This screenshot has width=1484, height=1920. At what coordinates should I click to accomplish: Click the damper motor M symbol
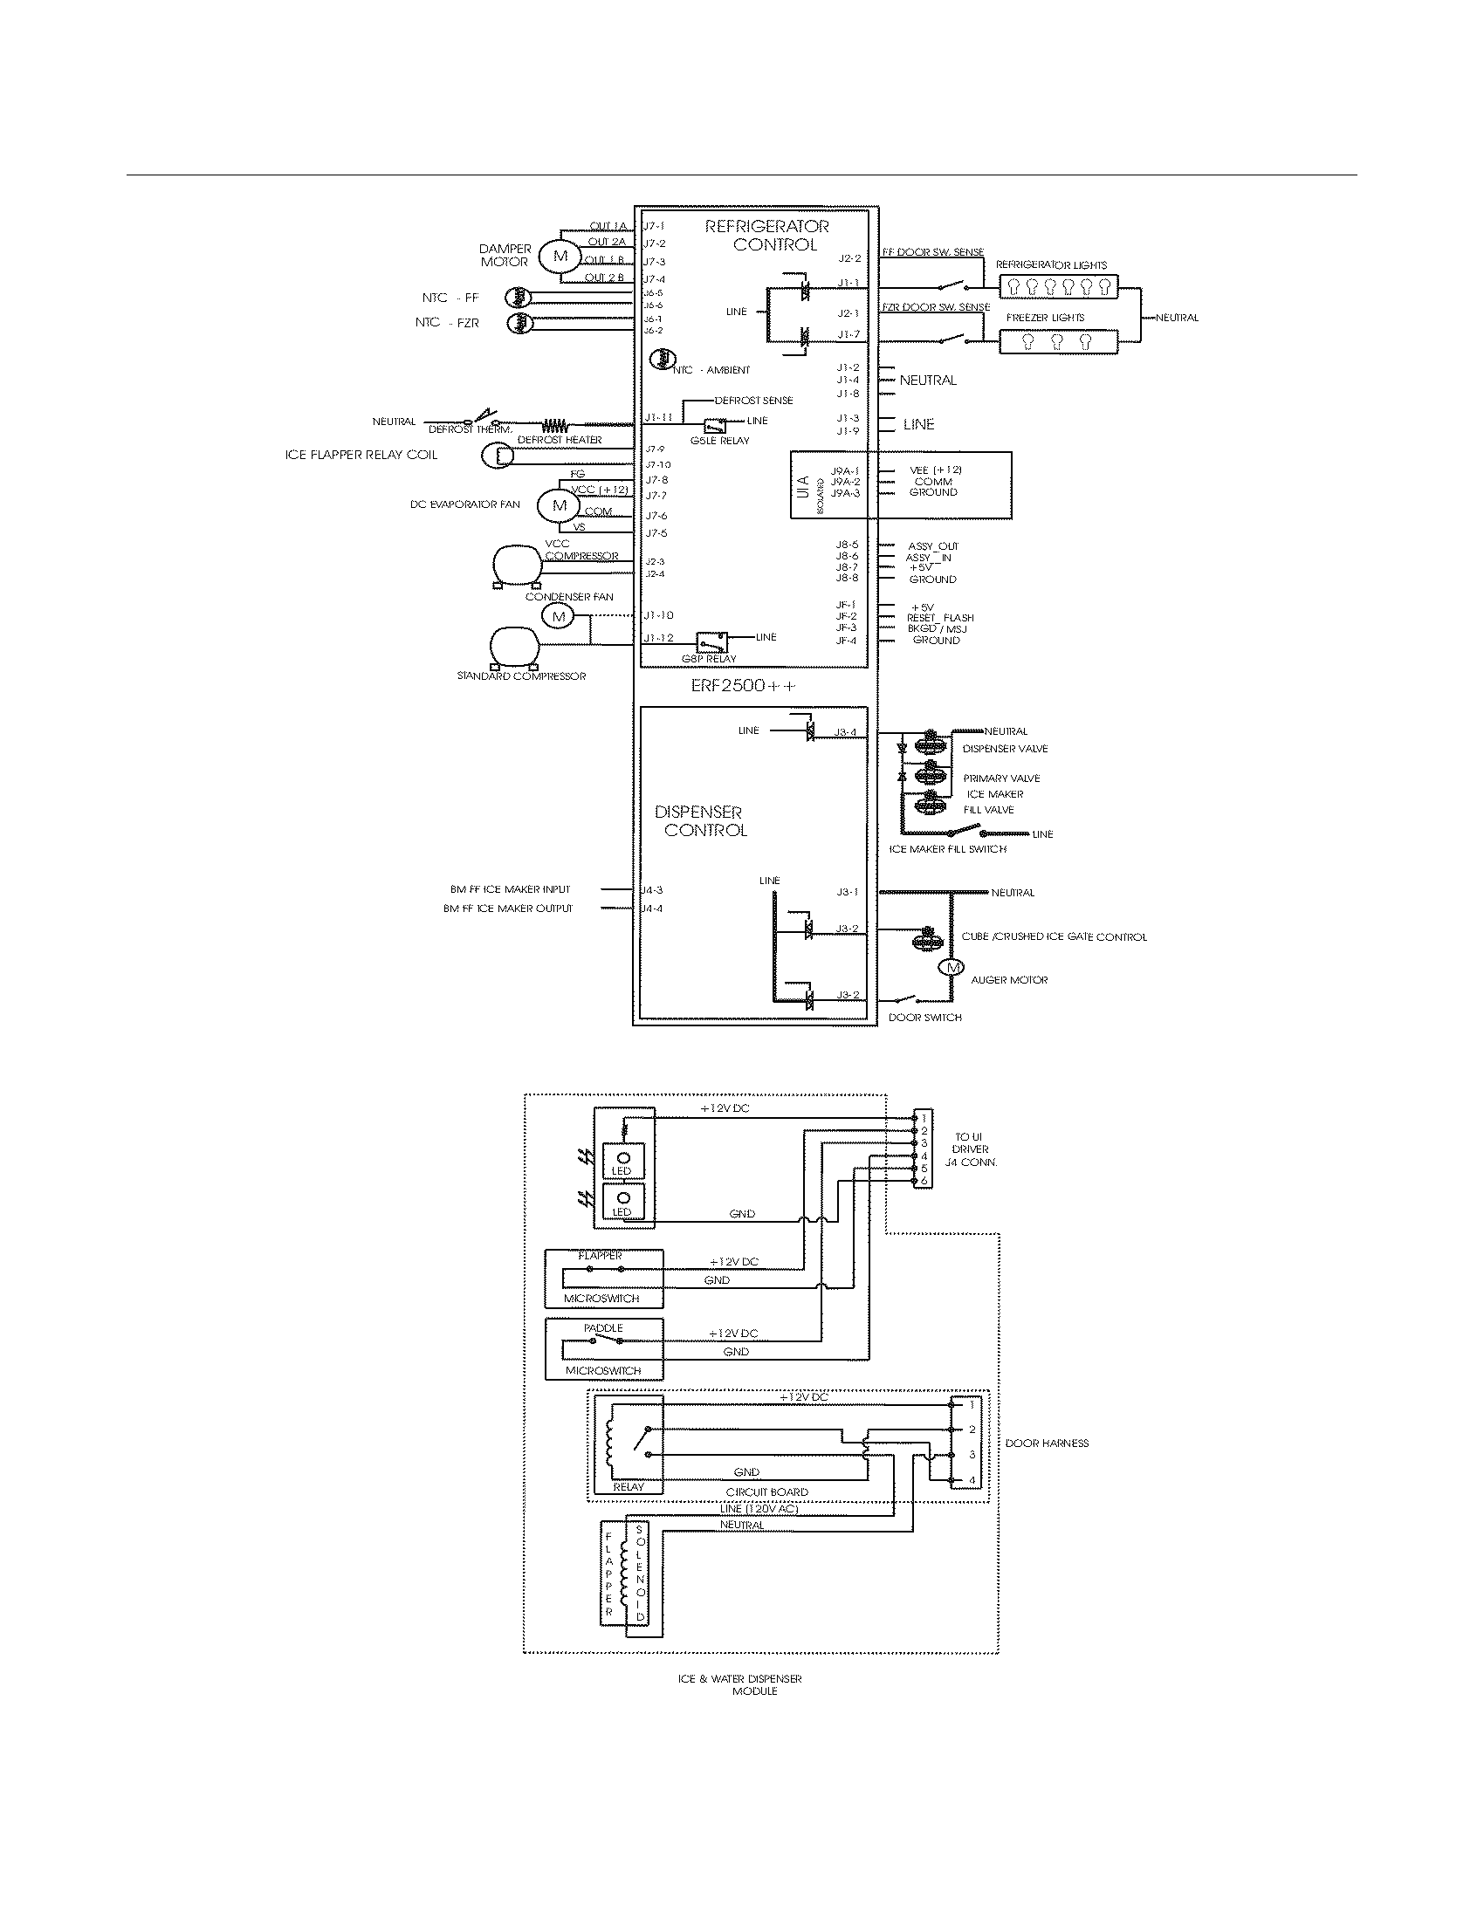click(x=560, y=256)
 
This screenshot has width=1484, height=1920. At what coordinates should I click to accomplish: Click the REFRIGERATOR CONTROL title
click(x=766, y=236)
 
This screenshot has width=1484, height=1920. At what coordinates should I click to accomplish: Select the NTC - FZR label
click(x=448, y=323)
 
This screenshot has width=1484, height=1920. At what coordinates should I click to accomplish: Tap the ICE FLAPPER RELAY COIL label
click(x=361, y=455)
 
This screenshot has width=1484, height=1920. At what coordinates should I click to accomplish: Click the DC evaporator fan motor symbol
click(x=560, y=505)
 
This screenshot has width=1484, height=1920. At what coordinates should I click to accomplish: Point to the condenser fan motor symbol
click(x=558, y=616)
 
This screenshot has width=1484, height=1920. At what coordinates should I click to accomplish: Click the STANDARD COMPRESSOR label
click(x=521, y=676)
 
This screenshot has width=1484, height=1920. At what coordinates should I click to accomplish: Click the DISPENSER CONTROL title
click(x=701, y=820)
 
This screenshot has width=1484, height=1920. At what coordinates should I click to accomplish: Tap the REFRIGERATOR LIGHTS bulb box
click(x=1059, y=285)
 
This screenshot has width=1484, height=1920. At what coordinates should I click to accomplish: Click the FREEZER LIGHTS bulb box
click(x=1059, y=341)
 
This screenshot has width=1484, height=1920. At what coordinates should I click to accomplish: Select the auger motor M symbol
click(x=951, y=967)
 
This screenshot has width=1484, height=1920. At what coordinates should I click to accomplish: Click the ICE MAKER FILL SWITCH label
click(x=947, y=849)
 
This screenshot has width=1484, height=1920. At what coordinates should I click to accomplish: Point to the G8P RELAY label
click(x=709, y=659)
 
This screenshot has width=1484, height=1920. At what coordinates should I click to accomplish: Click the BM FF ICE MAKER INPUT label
click(x=511, y=889)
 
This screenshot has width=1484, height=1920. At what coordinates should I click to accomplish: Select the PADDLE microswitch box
click(x=604, y=1348)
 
